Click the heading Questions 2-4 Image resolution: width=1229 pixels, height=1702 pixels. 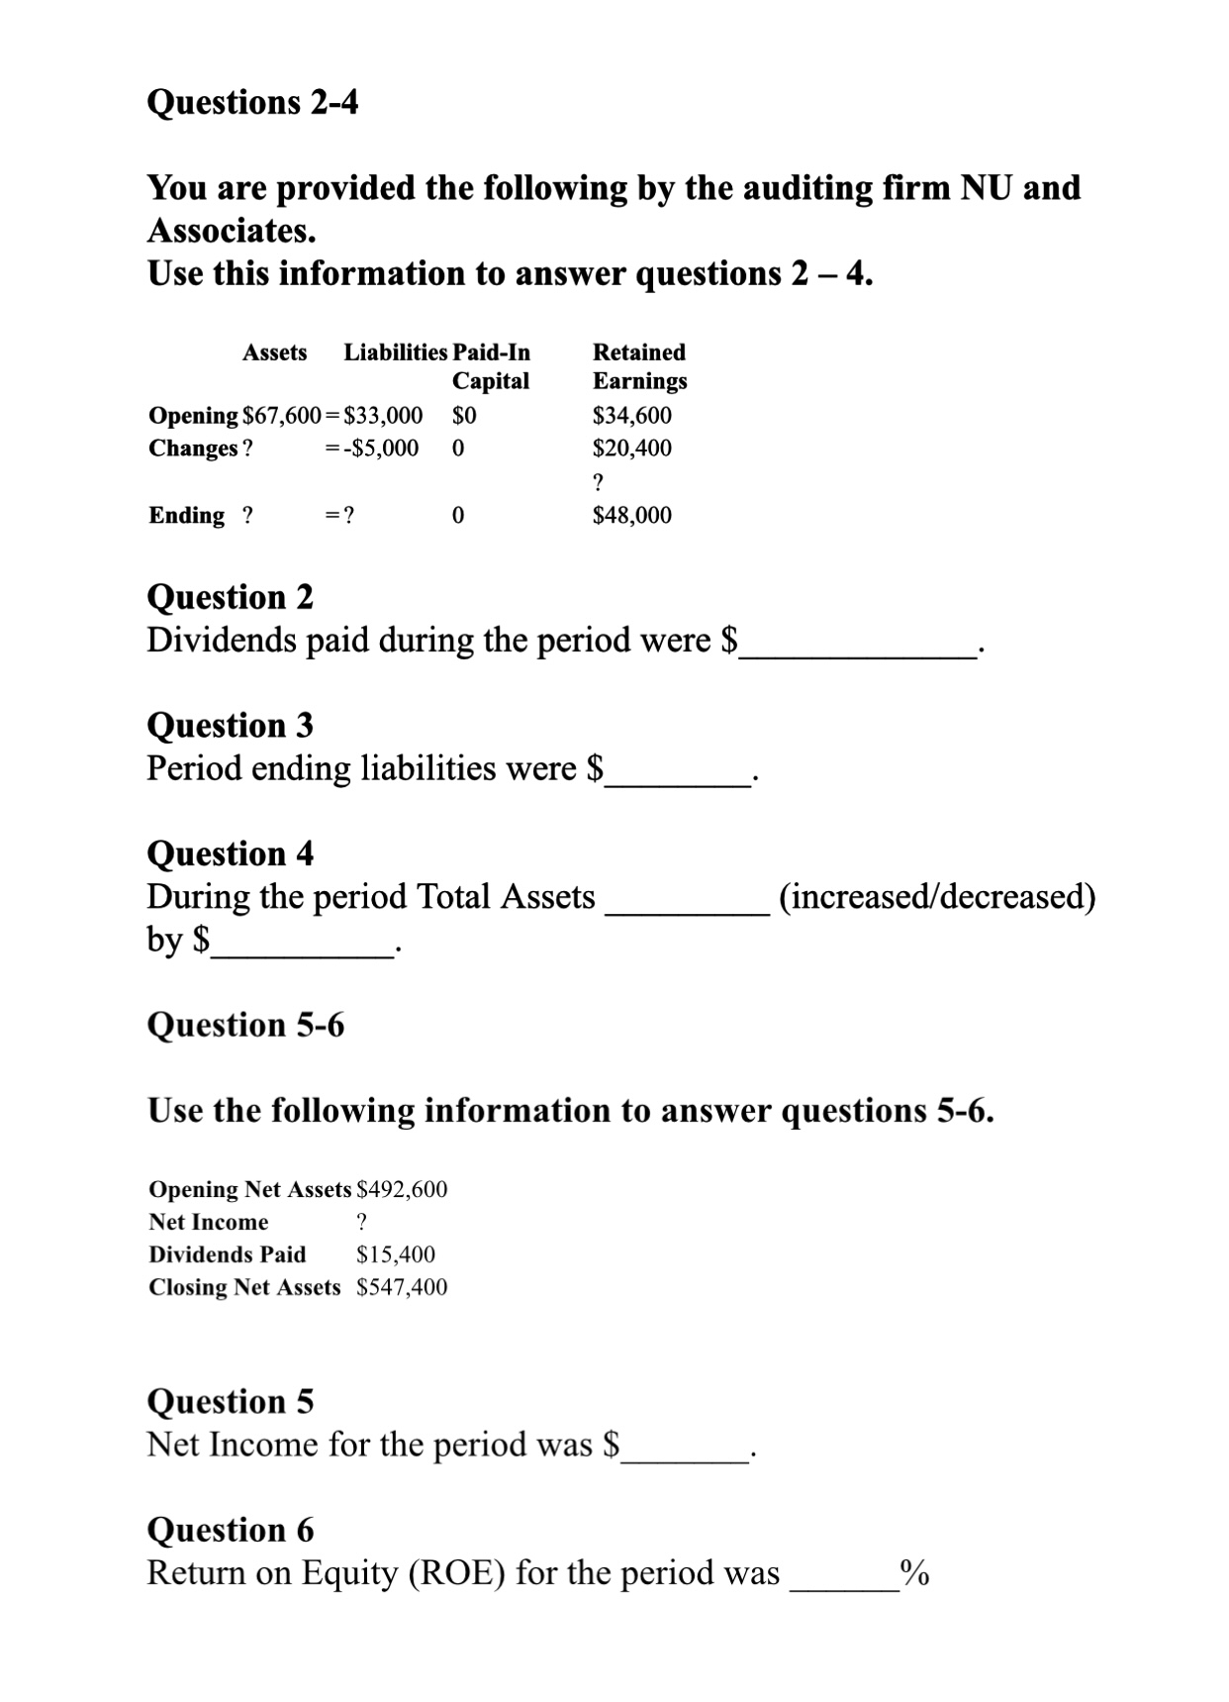pos(252,102)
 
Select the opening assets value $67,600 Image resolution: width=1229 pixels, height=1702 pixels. pos(281,415)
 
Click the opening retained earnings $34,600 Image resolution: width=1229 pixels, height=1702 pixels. pos(631,415)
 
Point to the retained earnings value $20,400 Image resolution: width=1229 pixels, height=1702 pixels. pos(631,448)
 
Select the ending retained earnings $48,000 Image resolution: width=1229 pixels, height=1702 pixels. pos(631,515)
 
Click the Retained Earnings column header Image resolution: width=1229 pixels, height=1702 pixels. pos(639,366)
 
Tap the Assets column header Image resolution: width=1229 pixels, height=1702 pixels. pos(275,352)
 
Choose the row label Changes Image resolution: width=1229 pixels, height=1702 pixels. pos(193,448)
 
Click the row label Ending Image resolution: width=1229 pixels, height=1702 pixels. pos(186,515)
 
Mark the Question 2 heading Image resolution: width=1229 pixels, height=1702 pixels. pos(230,597)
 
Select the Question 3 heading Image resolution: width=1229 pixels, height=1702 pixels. pos(230,725)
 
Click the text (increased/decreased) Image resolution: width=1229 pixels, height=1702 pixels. pos(937,896)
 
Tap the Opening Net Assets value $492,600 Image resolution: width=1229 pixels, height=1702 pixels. pos(402,1189)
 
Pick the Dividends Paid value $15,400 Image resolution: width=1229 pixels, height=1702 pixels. pos(395,1254)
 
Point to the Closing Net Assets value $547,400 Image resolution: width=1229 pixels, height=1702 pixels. pos(402,1287)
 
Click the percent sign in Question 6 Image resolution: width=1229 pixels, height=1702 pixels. pos(914,1572)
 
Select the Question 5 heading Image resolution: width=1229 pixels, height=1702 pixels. pos(230,1401)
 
